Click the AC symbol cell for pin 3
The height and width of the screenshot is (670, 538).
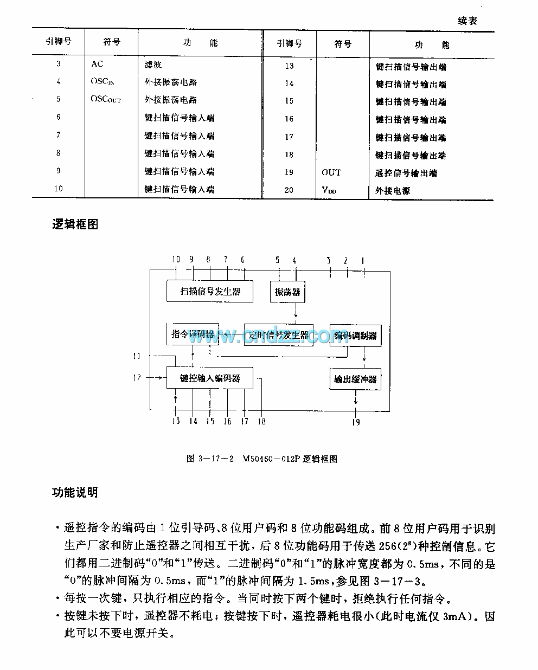click(x=97, y=64)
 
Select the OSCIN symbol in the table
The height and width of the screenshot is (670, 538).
click(x=103, y=82)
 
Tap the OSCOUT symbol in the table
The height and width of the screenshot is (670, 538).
click(x=106, y=100)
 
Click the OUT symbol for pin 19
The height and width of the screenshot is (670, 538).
click(x=331, y=172)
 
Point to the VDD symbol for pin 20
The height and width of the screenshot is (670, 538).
click(x=329, y=190)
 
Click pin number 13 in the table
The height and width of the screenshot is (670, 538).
click(x=289, y=66)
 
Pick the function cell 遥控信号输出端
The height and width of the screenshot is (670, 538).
click(x=406, y=173)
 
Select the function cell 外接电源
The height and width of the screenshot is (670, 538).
click(x=393, y=191)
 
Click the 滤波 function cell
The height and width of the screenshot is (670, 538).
click(x=153, y=65)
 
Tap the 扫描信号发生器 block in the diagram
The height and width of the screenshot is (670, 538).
click(x=210, y=292)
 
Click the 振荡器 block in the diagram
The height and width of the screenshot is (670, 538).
click(x=287, y=292)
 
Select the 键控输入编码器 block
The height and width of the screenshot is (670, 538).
click(x=210, y=378)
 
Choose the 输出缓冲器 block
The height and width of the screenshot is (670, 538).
click(x=355, y=379)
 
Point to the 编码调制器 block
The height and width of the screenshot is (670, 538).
click(x=355, y=336)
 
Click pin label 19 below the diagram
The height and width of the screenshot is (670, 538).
click(x=356, y=422)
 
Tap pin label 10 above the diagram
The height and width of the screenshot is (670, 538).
click(x=176, y=259)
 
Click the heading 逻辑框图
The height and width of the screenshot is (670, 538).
click(x=75, y=224)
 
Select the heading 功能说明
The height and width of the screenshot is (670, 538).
click(x=75, y=492)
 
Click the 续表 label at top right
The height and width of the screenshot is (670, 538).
click(x=467, y=21)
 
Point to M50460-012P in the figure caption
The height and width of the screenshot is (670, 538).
click(x=271, y=459)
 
